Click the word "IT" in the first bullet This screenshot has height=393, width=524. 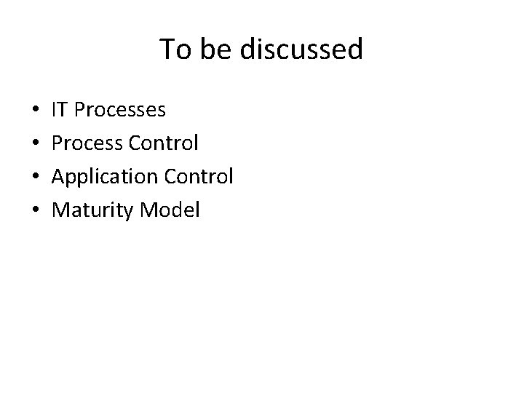coord(61,110)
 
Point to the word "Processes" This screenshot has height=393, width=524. coord(120,110)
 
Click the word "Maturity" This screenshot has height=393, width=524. coord(92,210)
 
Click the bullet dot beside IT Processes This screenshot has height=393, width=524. coord(36,111)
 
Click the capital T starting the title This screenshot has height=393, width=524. coord(167,49)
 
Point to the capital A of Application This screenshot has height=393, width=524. coord(60,177)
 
